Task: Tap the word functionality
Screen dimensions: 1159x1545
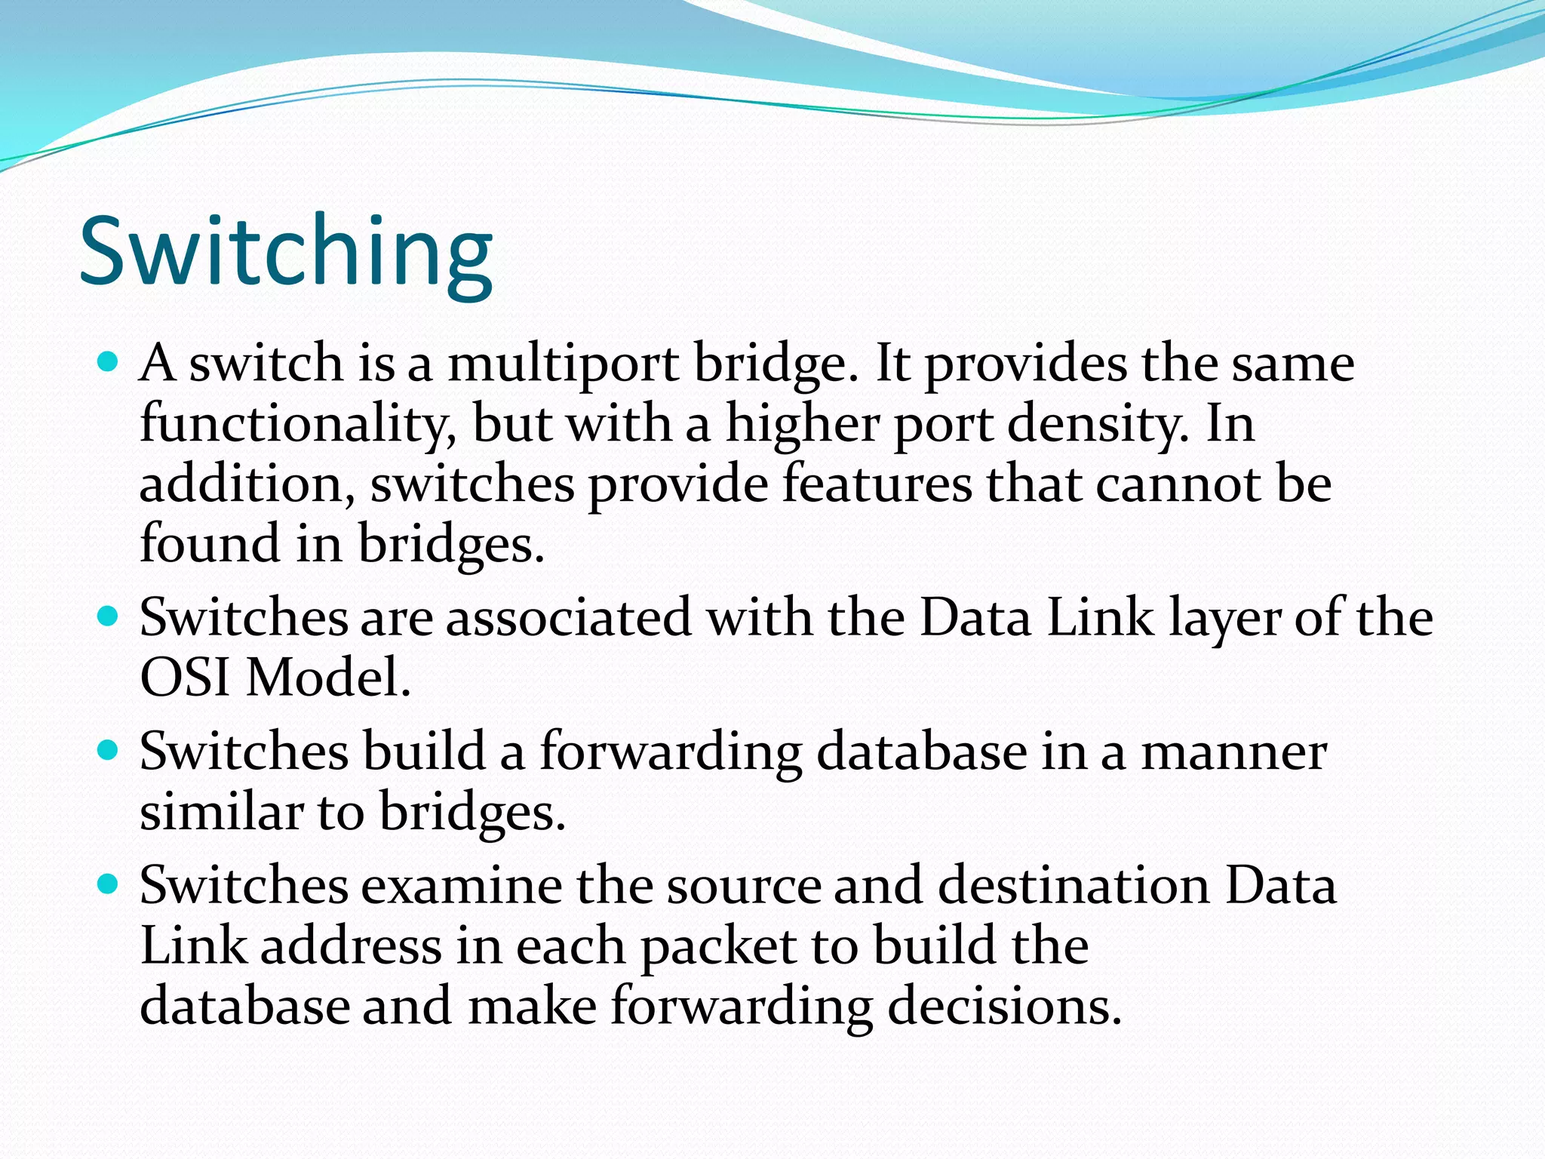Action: coord(297,424)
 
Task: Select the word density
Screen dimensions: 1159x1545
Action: coord(1098,424)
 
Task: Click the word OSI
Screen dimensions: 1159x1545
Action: coord(185,677)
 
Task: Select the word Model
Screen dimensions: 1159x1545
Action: coord(329,677)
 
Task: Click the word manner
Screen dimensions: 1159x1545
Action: coord(1233,752)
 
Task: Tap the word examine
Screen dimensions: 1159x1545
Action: coord(462,886)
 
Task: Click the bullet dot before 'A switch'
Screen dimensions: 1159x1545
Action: coord(109,363)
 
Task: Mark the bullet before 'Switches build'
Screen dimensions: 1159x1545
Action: coord(109,752)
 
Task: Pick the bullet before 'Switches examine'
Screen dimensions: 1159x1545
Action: coord(109,884)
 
